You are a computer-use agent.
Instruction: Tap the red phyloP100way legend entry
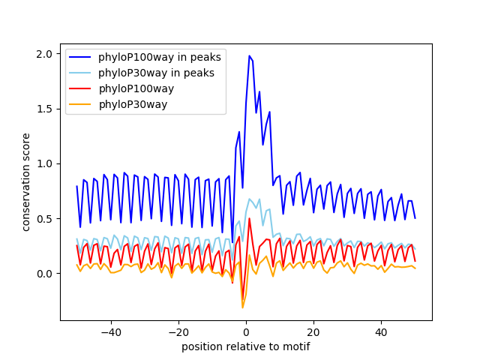(x=136, y=88)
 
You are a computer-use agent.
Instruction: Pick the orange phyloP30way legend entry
(x=132, y=104)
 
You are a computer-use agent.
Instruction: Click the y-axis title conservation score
(x=26, y=182)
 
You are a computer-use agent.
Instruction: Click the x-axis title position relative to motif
(x=246, y=346)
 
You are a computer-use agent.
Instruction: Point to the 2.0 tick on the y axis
(x=45, y=54)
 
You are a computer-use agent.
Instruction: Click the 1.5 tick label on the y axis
(x=45, y=109)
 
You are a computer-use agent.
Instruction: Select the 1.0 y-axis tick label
(x=45, y=163)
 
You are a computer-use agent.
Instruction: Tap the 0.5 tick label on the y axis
(x=45, y=218)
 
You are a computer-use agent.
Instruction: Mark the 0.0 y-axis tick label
(x=45, y=274)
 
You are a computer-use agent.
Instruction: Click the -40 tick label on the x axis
(x=110, y=331)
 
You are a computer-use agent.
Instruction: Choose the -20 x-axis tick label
(x=178, y=331)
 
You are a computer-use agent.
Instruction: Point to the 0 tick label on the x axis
(x=246, y=331)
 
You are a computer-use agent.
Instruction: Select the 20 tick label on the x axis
(x=313, y=331)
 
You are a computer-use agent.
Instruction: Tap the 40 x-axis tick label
(x=381, y=331)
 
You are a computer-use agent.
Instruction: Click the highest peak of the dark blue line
(x=250, y=56)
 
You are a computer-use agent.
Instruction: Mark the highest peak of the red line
(x=249, y=219)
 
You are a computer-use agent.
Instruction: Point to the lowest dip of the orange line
(x=242, y=307)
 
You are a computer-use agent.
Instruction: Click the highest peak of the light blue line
(x=250, y=199)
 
